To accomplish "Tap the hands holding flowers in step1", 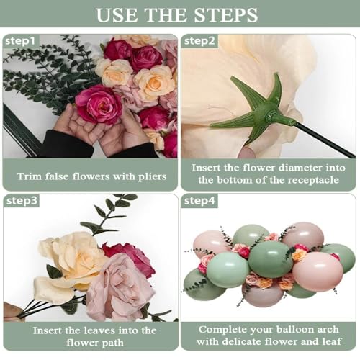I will click(x=101, y=130).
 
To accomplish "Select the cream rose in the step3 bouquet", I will click(x=72, y=259).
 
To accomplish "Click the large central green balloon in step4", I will click(x=270, y=259).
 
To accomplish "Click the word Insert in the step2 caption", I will click(x=209, y=167).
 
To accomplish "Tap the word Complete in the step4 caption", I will click(x=222, y=330).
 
